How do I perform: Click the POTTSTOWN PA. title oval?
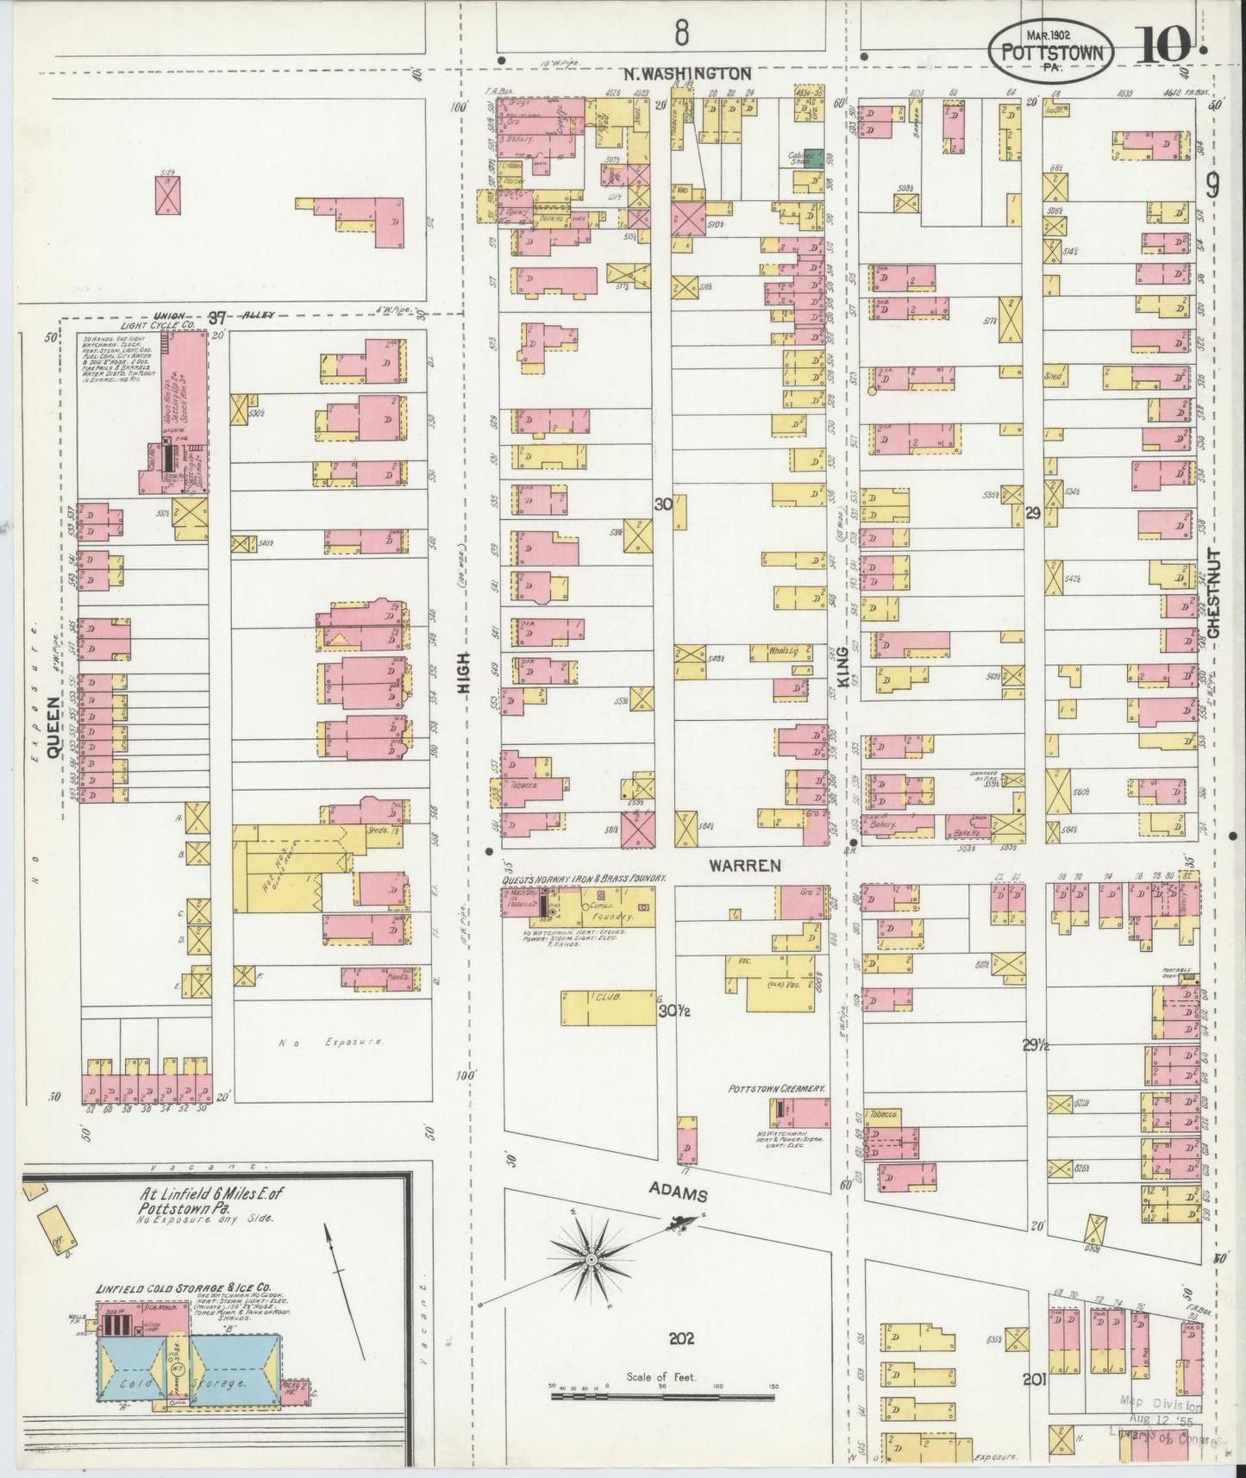1050,51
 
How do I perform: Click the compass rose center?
592,1261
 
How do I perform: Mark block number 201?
1033,1380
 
